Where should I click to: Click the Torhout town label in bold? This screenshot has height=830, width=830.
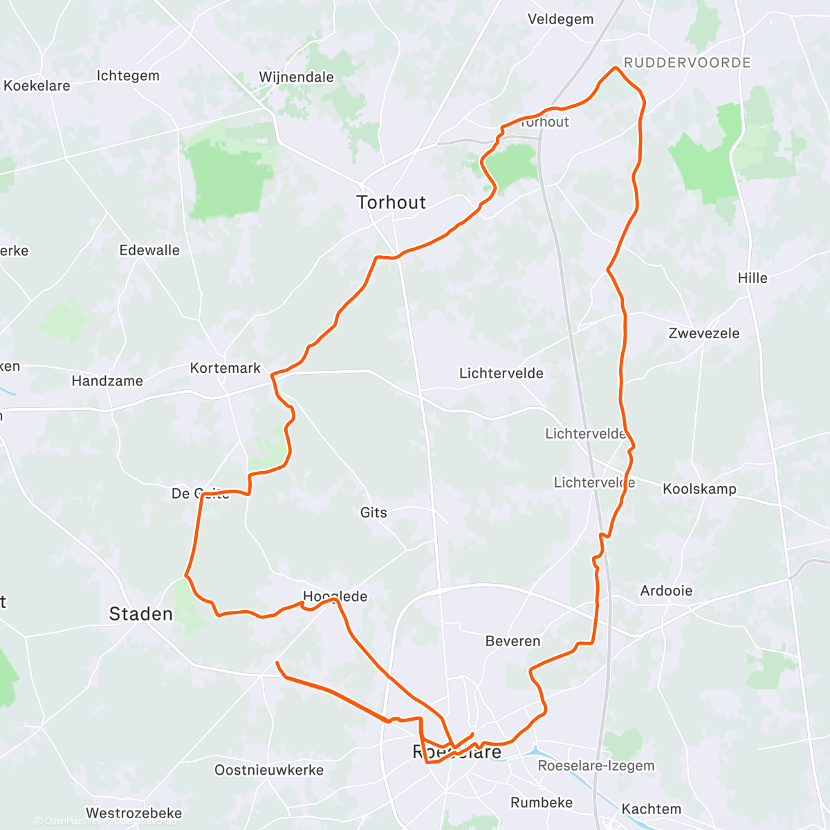pyautogui.click(x=391, y=202)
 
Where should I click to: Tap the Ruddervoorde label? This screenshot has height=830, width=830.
pyautogui.click(x=687, y=63)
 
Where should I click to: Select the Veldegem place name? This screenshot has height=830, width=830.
pyautogui.click(x=560, y=19)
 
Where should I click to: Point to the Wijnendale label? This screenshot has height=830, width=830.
pyautogui.click(x=296, y=77)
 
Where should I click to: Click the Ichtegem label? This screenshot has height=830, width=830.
pyautogui.click(x=128, y=75)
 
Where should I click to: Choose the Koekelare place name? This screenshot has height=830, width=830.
pyautogui.click(x=37, y=86)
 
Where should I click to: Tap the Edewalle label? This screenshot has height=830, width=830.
pyautogui.click(x=149, y=250)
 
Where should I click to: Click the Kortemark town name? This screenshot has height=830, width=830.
pyautogui.click(x=225, y=368)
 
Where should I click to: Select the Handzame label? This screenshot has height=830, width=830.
pyautogui.click(x=107, y=380)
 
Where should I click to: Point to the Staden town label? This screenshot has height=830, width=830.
pyautogui.click(x=141, y=614)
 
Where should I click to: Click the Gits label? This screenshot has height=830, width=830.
pyautogui.click(x=373, y=513)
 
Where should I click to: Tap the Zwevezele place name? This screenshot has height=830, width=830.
pyautogui.click(x=703, y=333)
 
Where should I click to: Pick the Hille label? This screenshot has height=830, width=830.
pyautogui.click(x=753, y=278)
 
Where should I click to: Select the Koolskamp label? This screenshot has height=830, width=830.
pyautogui.click(x=699, y=489)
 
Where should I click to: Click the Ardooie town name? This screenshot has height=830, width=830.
pyautogui.click(x=666, y=591)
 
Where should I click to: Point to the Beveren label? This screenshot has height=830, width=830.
pyautogui.click(x=513, y=641)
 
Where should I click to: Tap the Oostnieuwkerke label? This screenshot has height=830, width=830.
pyautogui.click(x=269, y=770)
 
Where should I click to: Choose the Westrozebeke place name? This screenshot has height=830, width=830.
pyautogui.click(x=134, y=813)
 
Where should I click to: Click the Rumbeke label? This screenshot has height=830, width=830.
pyautogui.click(x=542, y=802)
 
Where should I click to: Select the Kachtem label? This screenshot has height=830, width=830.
pyautogui.click(x=651, y=809)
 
